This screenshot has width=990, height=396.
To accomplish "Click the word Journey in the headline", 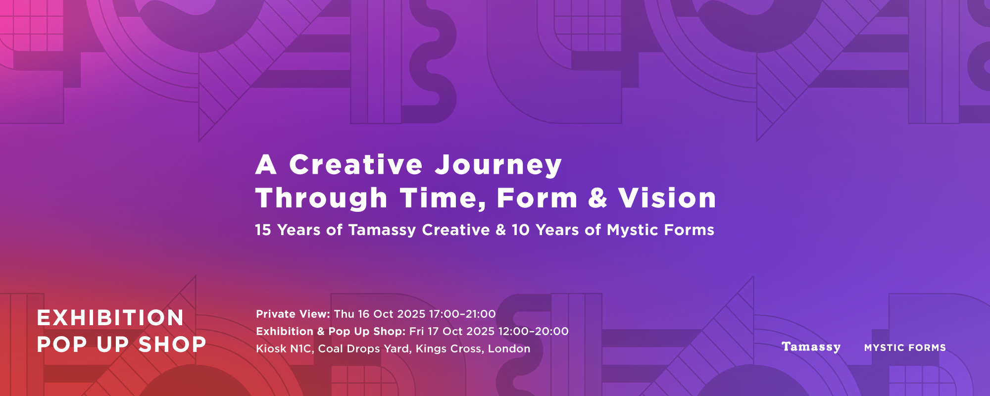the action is point(498,165).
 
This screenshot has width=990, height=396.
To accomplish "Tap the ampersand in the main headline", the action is point(598,198).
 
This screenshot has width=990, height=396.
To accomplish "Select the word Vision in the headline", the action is point(667,198).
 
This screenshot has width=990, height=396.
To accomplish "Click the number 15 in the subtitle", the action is point(263,230).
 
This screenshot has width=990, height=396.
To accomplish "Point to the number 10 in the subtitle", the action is point(521,230).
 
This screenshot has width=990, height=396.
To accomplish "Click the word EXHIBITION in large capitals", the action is point(110,318).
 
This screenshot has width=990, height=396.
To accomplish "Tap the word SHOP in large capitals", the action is point(172,345).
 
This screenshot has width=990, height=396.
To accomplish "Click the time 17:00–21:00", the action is point(462,314).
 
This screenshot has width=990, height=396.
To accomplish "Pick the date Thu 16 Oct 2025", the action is point(380,314).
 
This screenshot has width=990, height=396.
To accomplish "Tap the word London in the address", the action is point(509,349).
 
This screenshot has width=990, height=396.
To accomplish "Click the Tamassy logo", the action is point(811,347).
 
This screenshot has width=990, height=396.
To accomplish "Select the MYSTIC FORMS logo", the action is point(905,348).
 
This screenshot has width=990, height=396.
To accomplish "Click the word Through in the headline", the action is point(321,198).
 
